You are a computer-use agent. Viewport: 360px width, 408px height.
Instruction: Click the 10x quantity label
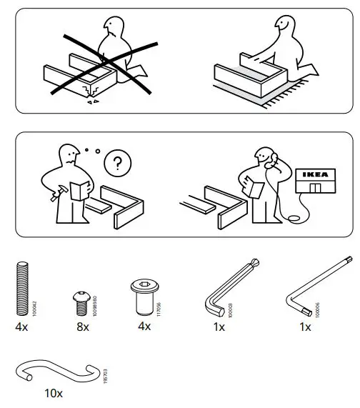click(x=54, y=394)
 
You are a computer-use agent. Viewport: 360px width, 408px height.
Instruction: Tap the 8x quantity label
click(x=83, y=327)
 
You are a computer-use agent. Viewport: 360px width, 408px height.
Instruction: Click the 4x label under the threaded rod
click(x=21, y=327)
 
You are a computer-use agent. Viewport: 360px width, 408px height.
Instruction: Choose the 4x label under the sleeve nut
click(x=143, y=327)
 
